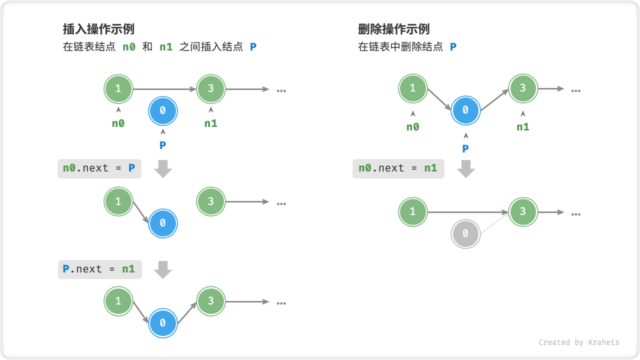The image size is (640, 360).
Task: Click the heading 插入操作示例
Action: click(x=98, y=29)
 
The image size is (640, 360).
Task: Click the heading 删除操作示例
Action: click(x=394, y=29)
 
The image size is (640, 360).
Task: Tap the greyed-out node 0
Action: click(x=465, y=233)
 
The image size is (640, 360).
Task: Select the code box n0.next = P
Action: click(x=99, y=168)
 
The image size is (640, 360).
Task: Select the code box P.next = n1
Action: click(x=99, y=269)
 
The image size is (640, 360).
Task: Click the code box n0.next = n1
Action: click(x=398, y=168)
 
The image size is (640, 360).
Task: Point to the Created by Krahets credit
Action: click(x=578, y=342)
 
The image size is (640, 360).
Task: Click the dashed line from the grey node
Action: click(x=493, y=223)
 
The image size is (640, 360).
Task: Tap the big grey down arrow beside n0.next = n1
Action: click(x=466, y=169)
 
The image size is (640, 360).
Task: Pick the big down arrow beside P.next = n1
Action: click(x=163, y=269)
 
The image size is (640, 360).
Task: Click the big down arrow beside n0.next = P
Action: click(x=163, y=168)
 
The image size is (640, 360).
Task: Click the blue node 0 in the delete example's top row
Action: click(x=465, y=110)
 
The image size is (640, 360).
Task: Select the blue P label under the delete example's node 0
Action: click(x=465, y=148)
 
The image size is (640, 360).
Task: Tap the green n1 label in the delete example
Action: click(x=522, y=127)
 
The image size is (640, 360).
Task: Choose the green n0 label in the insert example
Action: click(x=118, y=123)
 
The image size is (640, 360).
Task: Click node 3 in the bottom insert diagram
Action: click(x=210, y=301)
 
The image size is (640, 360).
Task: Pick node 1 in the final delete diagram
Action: click(x=412, y=212)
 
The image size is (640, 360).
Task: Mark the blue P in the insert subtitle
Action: click(x=253, y=47)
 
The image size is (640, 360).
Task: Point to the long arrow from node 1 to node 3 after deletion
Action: click(x=467, y=212)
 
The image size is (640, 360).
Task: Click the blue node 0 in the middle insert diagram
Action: click(x=162, y=223)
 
